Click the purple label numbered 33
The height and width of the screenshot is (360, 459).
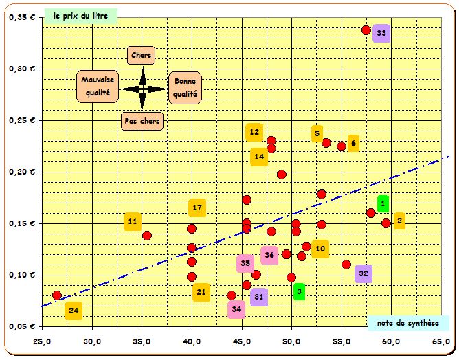pos(381,33)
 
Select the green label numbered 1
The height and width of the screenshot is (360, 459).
pos(383,204)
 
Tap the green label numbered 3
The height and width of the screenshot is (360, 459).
pos(299,292)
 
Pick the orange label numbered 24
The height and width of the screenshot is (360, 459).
pos(74,311)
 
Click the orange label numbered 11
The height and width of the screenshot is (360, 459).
pos(133,222)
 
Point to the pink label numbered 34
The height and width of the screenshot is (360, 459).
pos(236,310)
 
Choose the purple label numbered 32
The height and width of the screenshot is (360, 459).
pos(363,274)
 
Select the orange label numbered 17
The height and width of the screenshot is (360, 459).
pos(197,207)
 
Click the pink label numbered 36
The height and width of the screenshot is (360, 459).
pos(269,256)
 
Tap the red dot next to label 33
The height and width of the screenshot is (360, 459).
pos(366,30)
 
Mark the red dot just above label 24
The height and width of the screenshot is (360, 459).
pos(57,295)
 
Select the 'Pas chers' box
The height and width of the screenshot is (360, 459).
pos(142,122)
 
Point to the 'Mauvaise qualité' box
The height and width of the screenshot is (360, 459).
pos(96,87)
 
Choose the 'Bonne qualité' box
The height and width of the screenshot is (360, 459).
pos(185,87)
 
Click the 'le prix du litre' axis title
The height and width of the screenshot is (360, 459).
pos(80,14)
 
